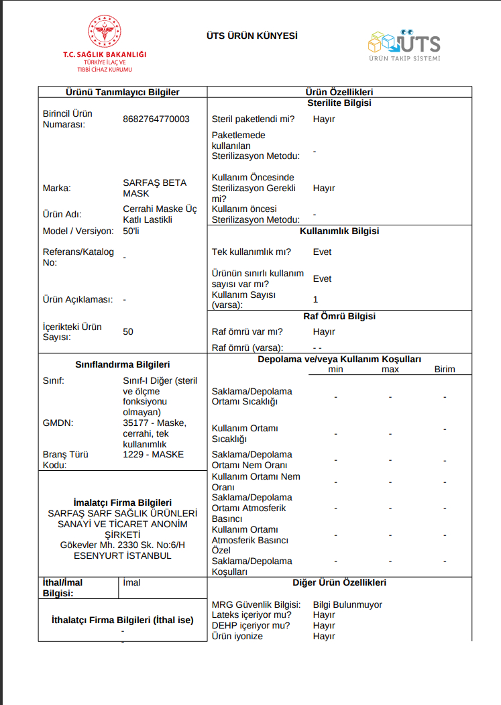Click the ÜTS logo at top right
click(x=404, y=44)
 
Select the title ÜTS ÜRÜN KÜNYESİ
click(x=252, y=36)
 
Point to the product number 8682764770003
click(x=156, y=119)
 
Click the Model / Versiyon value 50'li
click(x=131, y=231)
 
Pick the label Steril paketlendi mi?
click(x=253, y=119)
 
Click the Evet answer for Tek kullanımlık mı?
click(x=322, y=252)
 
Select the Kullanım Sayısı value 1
click(x=315, y=299)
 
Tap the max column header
click(x=390, y=369)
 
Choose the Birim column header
click(x=445, y=369)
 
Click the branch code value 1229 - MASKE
click(x=154, y=454)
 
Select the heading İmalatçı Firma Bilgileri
click(x=122, y=502)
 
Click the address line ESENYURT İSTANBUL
click(x=122, y=555)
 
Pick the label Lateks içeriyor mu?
click(x=251, y=614)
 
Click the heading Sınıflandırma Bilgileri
click(x=122, y=364)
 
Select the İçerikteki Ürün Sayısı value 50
click(x=128, y=331)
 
